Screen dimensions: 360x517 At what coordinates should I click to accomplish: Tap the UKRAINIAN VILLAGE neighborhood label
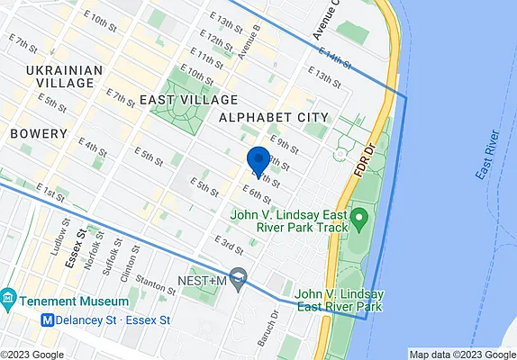tap(60, 76)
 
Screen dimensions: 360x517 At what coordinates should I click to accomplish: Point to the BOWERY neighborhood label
tap(39, 133)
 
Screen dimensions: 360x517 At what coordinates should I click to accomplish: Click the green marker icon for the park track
tap(359, 218)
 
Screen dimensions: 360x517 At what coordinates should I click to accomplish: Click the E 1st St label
tap(52, 193)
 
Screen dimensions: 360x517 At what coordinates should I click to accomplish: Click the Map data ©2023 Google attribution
tap(459, 354)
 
